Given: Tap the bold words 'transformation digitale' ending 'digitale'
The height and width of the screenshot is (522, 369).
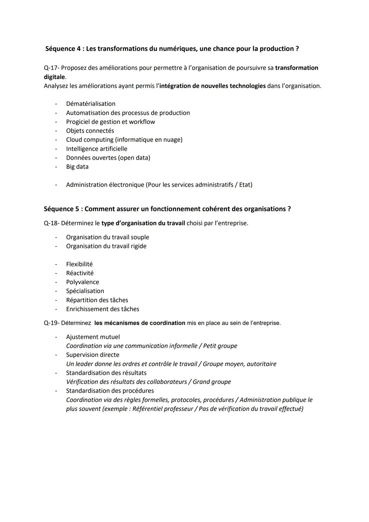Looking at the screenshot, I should (54, 77).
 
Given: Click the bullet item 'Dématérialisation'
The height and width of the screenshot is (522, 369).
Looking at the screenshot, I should (91, 104).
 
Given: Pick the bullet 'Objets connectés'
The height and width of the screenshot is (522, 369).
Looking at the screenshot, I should (90, 131).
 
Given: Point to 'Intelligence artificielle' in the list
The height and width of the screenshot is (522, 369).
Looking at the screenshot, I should (96, 149).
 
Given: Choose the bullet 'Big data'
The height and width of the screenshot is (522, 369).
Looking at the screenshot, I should (77, 167).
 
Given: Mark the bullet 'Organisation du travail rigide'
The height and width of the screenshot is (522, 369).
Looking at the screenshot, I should (106, 246).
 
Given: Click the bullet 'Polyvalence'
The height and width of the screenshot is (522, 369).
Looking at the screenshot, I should (82, 282).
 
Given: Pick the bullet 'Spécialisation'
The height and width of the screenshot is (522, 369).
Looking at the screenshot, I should (85, 291).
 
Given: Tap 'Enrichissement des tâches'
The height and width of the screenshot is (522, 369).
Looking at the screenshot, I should (102, 309).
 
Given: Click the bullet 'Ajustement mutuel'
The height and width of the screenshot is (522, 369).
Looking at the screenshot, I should (93, 337).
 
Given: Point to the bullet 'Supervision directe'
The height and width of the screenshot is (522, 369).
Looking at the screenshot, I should (93, 355).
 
